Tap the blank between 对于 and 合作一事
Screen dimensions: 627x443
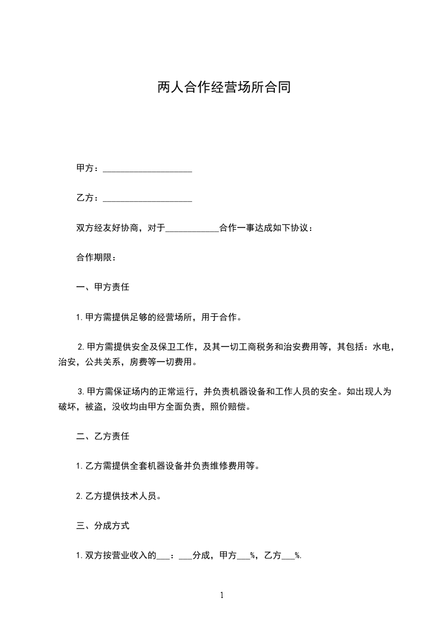(x=193, y=229)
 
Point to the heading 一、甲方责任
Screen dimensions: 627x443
(x=103, y=288)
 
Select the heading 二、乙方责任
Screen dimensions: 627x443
(x=103, y=436)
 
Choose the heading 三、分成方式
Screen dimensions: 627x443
(x=103, y=526)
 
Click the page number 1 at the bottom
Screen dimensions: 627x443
(x=222, y=595)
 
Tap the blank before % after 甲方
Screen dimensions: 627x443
(x=244, y=556)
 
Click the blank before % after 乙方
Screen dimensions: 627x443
(x=288, y=556)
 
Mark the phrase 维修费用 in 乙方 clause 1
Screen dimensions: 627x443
(x=228, y=466)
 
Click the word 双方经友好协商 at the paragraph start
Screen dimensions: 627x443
(x=107, y=229)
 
